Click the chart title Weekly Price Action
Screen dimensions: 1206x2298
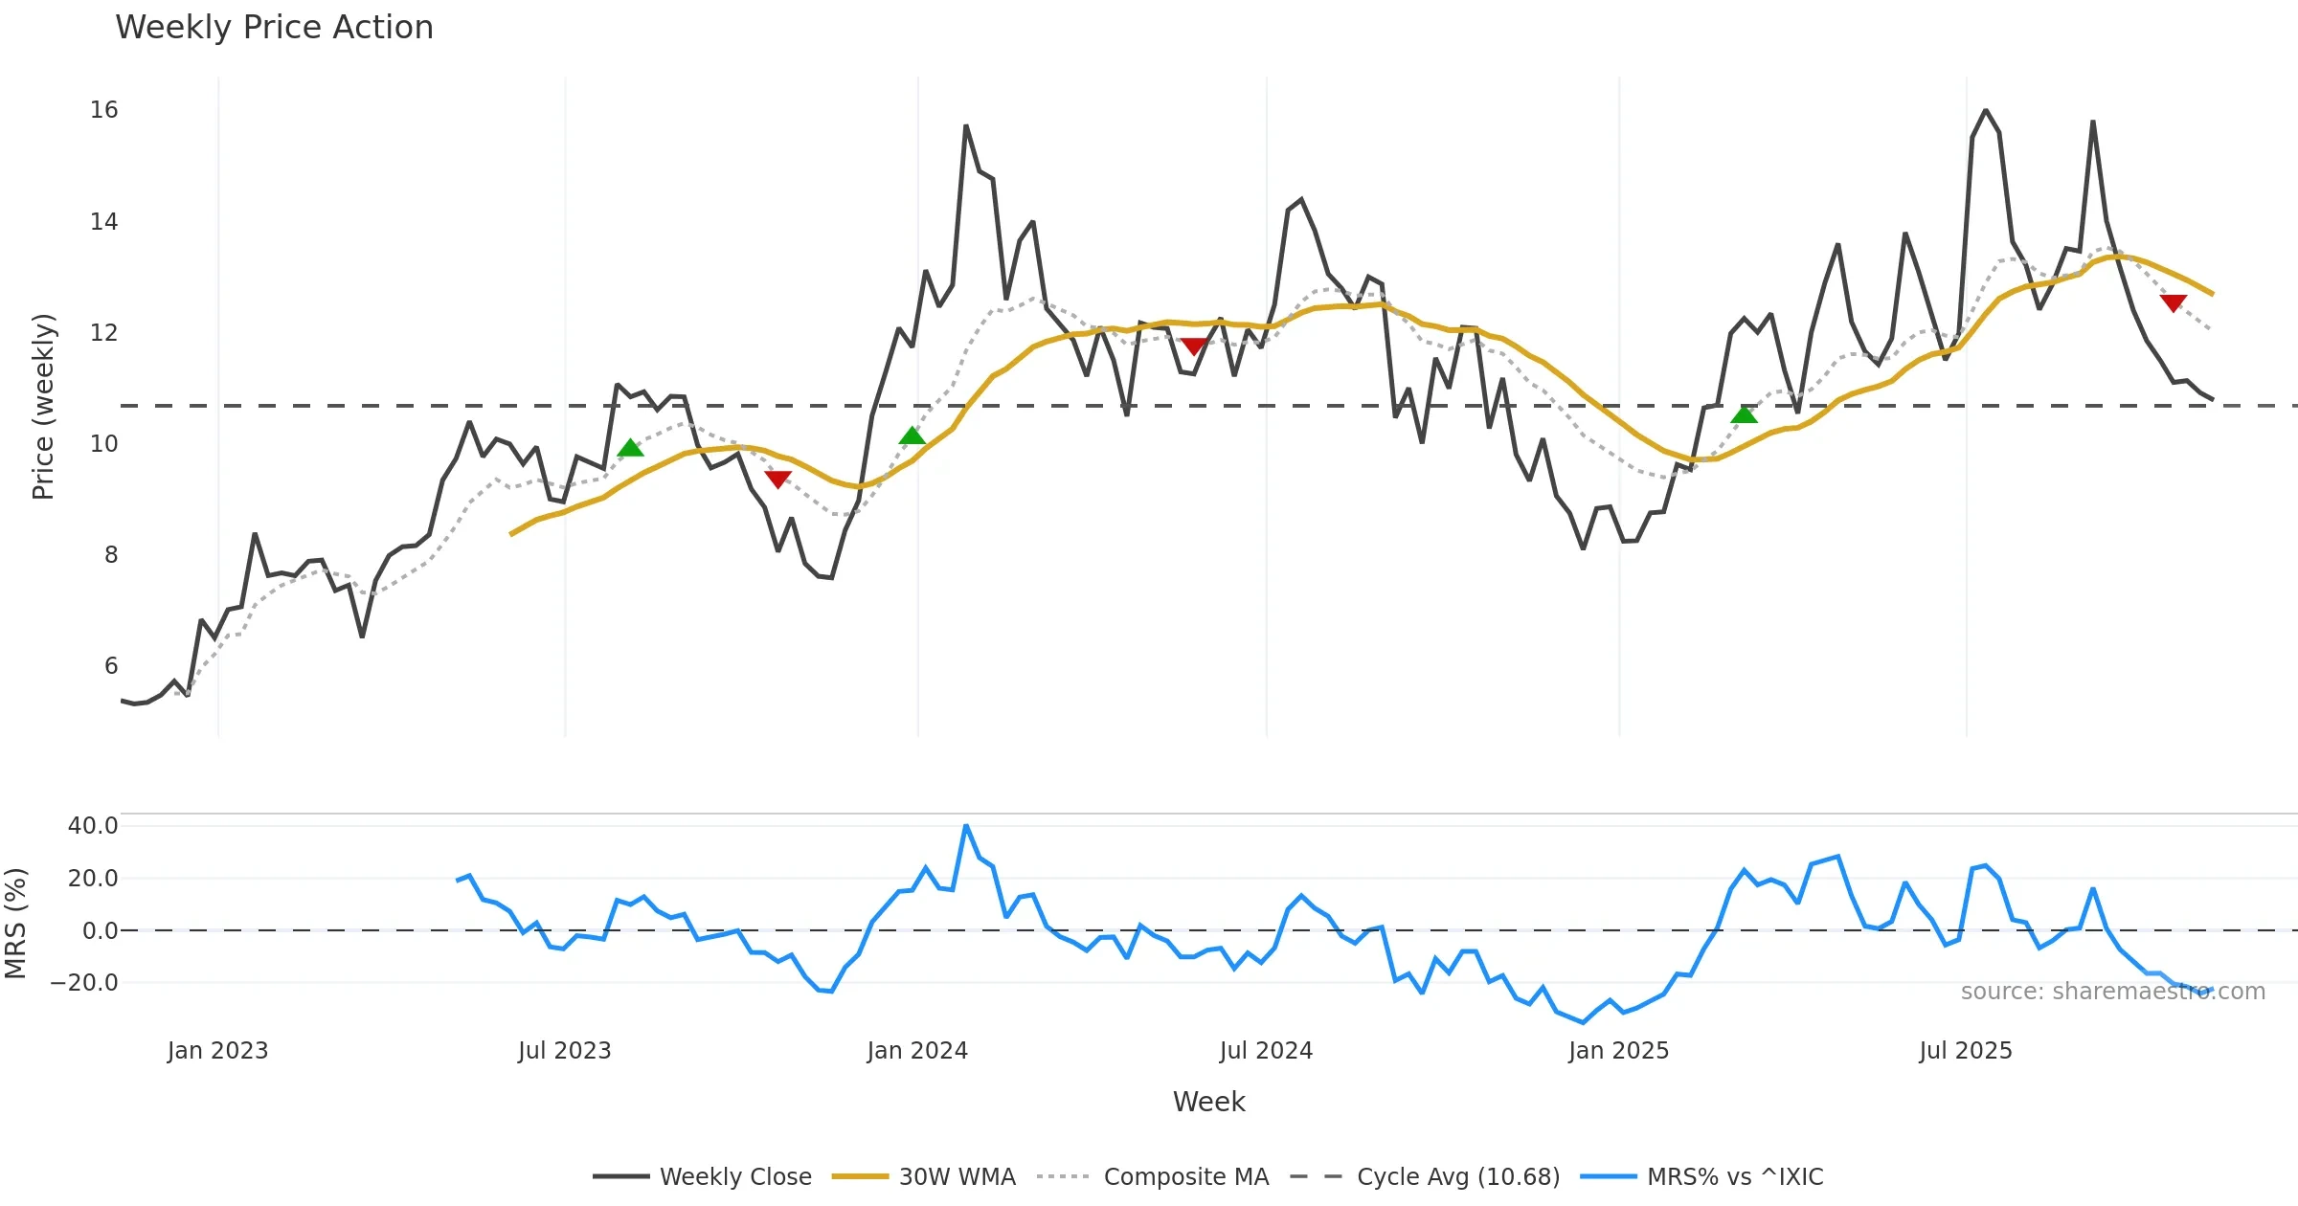(274, 28)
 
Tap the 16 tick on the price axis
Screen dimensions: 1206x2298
(103, 110)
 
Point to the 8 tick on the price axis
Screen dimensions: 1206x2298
(111, 555)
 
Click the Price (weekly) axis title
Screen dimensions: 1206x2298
(43, 407)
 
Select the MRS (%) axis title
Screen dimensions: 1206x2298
(15, 923)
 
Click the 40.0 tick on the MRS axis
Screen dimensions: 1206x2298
(92, 826)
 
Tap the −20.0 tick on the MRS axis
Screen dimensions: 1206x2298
(84, 983)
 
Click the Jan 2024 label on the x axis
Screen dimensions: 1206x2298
(917, 1051)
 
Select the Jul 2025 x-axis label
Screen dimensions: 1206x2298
(1965, 1051)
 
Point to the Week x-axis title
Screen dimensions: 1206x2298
(1208, 1102)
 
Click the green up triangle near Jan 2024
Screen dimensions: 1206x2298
(912, 436)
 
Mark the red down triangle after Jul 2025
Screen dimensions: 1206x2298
(2174, 302)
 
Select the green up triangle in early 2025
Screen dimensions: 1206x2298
(1745, 414)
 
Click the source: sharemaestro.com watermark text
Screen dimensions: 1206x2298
(2112, 992)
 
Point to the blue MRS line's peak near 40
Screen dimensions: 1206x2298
(966, 825)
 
